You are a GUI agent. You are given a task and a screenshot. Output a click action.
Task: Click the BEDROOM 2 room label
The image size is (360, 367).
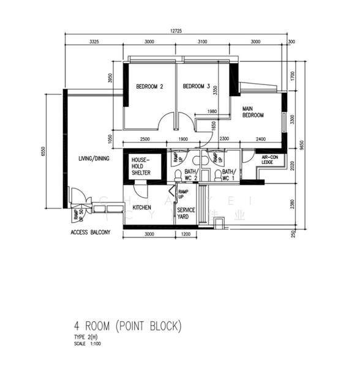click(x=149, y=87)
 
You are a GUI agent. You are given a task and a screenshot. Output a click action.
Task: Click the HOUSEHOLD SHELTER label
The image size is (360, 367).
click(x=141, y=166)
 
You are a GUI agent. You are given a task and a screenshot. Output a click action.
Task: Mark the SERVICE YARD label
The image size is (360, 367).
click(x=186, y=213)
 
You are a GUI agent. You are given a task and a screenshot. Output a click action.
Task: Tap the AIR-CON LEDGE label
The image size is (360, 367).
click(x=271, y=160)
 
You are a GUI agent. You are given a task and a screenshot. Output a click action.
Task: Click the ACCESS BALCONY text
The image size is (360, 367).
click(x=90, y=233)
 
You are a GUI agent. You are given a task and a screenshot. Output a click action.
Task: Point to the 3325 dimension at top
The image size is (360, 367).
click(x=94, y=42)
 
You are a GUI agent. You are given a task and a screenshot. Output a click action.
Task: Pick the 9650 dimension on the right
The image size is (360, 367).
click(x=301, y=144)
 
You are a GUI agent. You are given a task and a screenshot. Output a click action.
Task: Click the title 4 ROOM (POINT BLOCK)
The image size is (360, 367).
click(x=127, y=325)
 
